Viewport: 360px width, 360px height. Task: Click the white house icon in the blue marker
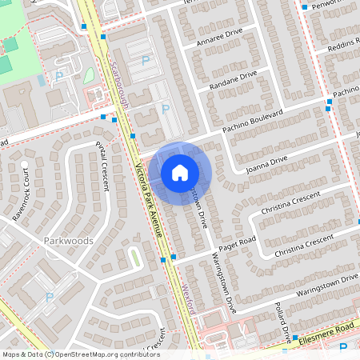point(179,173)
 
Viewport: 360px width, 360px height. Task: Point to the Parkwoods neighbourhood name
point(69,240)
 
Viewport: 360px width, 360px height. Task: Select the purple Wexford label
point(189,296)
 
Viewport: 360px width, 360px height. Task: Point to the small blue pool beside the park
point(42,81)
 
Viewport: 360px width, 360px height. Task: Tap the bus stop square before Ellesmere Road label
point(294,337)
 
